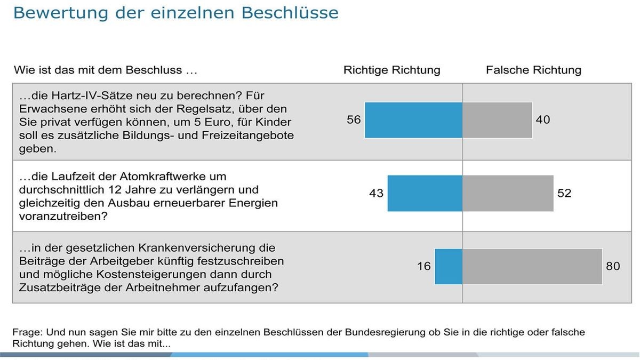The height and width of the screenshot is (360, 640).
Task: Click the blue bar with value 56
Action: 413,120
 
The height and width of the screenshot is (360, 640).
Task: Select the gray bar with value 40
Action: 497,120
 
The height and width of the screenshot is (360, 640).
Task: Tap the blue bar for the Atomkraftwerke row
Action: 425,193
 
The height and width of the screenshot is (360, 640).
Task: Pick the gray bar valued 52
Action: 508,193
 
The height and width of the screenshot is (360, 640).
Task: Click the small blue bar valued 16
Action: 449,266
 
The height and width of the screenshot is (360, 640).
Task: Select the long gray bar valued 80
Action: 532,266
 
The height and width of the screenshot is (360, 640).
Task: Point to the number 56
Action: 354,120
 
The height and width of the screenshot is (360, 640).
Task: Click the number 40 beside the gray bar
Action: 542,120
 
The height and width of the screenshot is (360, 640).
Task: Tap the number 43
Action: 376,193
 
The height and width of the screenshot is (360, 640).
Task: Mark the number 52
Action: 564,193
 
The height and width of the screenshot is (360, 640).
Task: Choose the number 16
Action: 423,266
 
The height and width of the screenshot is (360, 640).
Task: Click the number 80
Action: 613,266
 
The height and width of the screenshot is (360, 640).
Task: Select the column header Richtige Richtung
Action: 391,70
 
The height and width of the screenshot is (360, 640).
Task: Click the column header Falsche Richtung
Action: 533,70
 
